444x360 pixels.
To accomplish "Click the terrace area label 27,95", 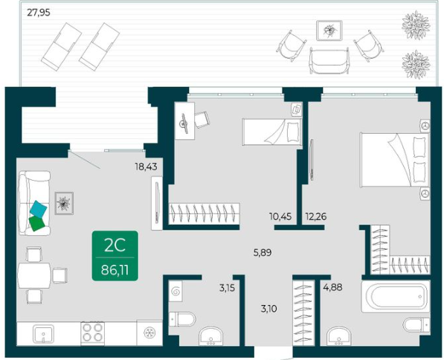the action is coord(39,13).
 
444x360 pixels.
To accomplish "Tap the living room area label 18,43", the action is coord(146,167).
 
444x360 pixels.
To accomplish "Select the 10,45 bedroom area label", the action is coord(280,216).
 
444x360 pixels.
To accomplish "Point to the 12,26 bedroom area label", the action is coord(316,216).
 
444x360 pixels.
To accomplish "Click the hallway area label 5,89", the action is coord(263,252).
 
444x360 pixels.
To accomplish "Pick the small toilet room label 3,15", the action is coord(227,288).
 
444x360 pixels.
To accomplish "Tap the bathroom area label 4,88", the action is coord(332,287).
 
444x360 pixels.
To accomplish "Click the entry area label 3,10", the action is coord(268,309).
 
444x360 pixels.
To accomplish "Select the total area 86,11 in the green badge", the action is coord(115,270).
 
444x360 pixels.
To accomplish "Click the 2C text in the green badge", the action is coord(115,245).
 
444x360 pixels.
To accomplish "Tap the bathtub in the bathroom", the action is coord(396,297).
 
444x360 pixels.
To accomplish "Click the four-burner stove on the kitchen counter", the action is coord(93,333).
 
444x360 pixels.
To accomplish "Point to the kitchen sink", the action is coord(43,334).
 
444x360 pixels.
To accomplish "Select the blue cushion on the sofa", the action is coord(38,209).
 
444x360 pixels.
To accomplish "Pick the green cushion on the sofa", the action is coord(36,223).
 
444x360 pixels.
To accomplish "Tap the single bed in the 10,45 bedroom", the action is coord(271,132).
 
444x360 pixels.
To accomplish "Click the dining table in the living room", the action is coord(34,275).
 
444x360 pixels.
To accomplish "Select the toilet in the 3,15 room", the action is coord(182,320).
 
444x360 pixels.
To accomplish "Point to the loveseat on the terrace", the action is coord(329,60).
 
